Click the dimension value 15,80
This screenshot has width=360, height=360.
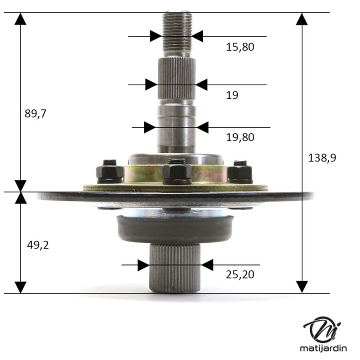240,47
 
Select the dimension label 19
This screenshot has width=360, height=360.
232,95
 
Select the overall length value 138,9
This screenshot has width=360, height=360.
322,157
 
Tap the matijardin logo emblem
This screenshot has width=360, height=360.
322,330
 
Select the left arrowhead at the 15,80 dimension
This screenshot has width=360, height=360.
155,36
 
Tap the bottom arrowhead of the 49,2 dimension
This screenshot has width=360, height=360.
20,286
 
